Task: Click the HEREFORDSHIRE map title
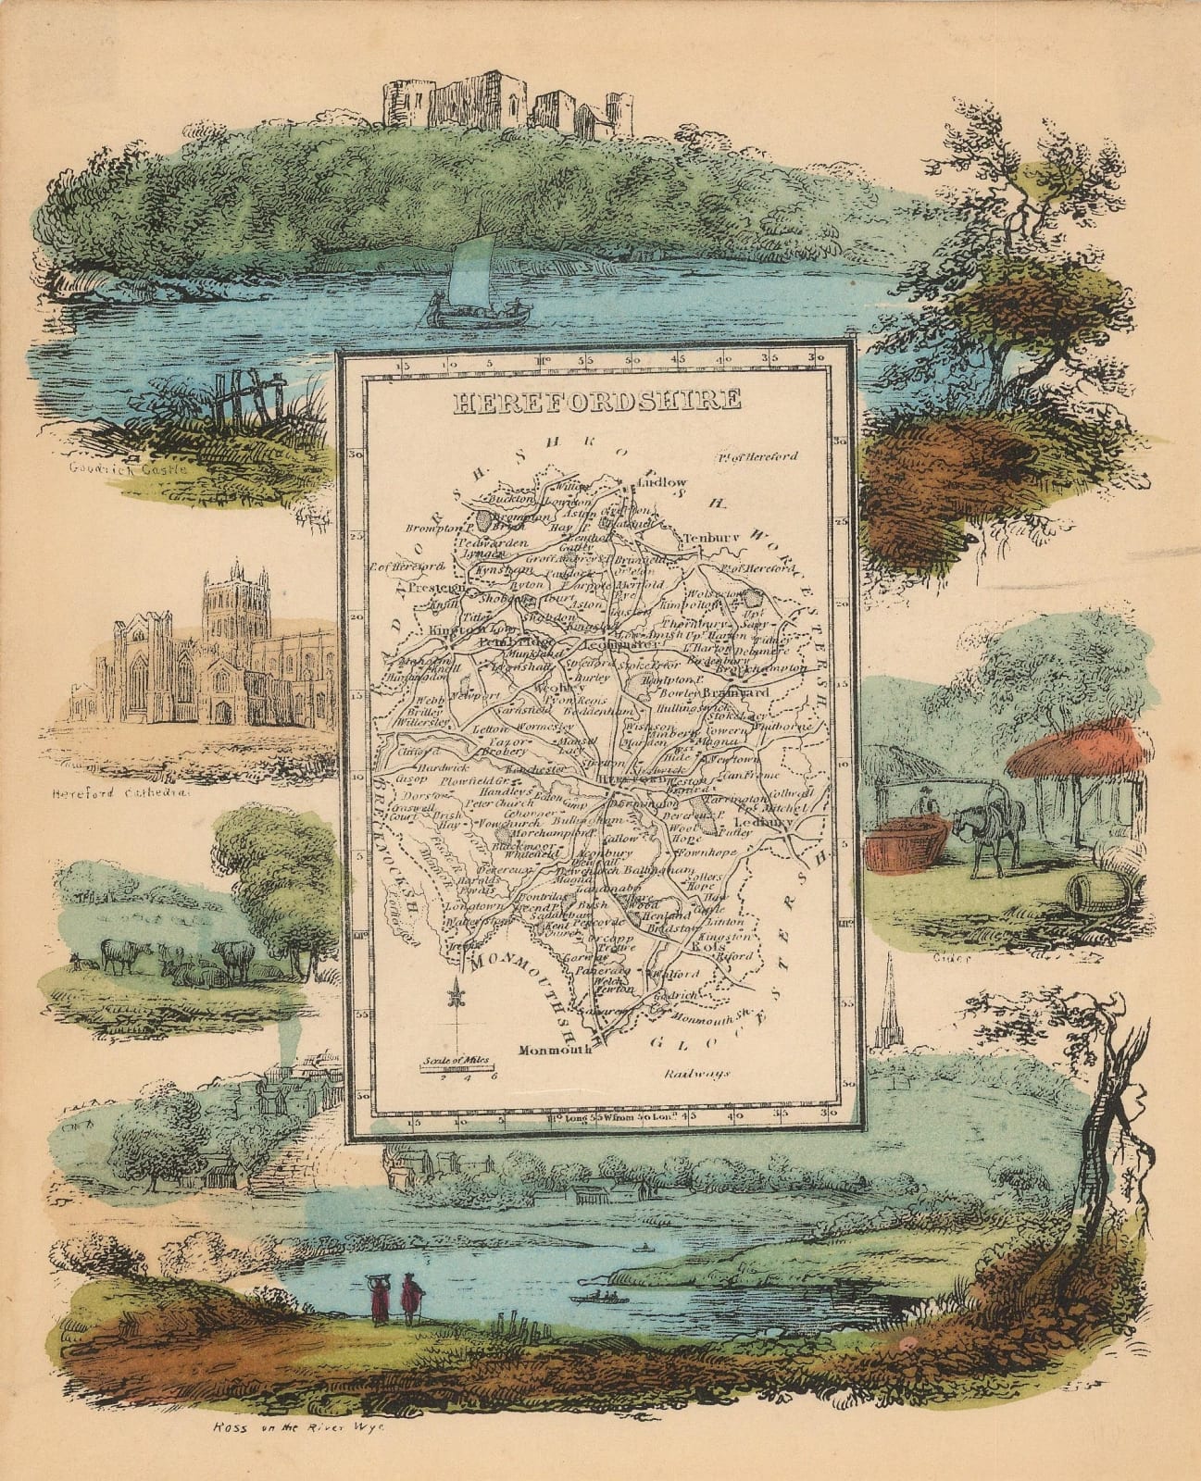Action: coord(596,400)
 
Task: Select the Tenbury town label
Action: coord(708,538)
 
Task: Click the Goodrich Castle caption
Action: coord(128,469)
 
